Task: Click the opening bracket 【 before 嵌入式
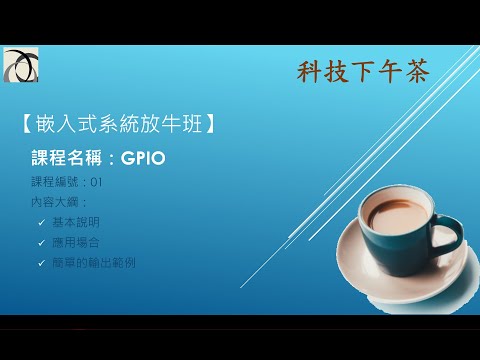tap(26, 127)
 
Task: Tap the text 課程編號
tap(57, 182)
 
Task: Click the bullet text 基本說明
tap(76, 222)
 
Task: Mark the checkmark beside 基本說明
tap(40, 222)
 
